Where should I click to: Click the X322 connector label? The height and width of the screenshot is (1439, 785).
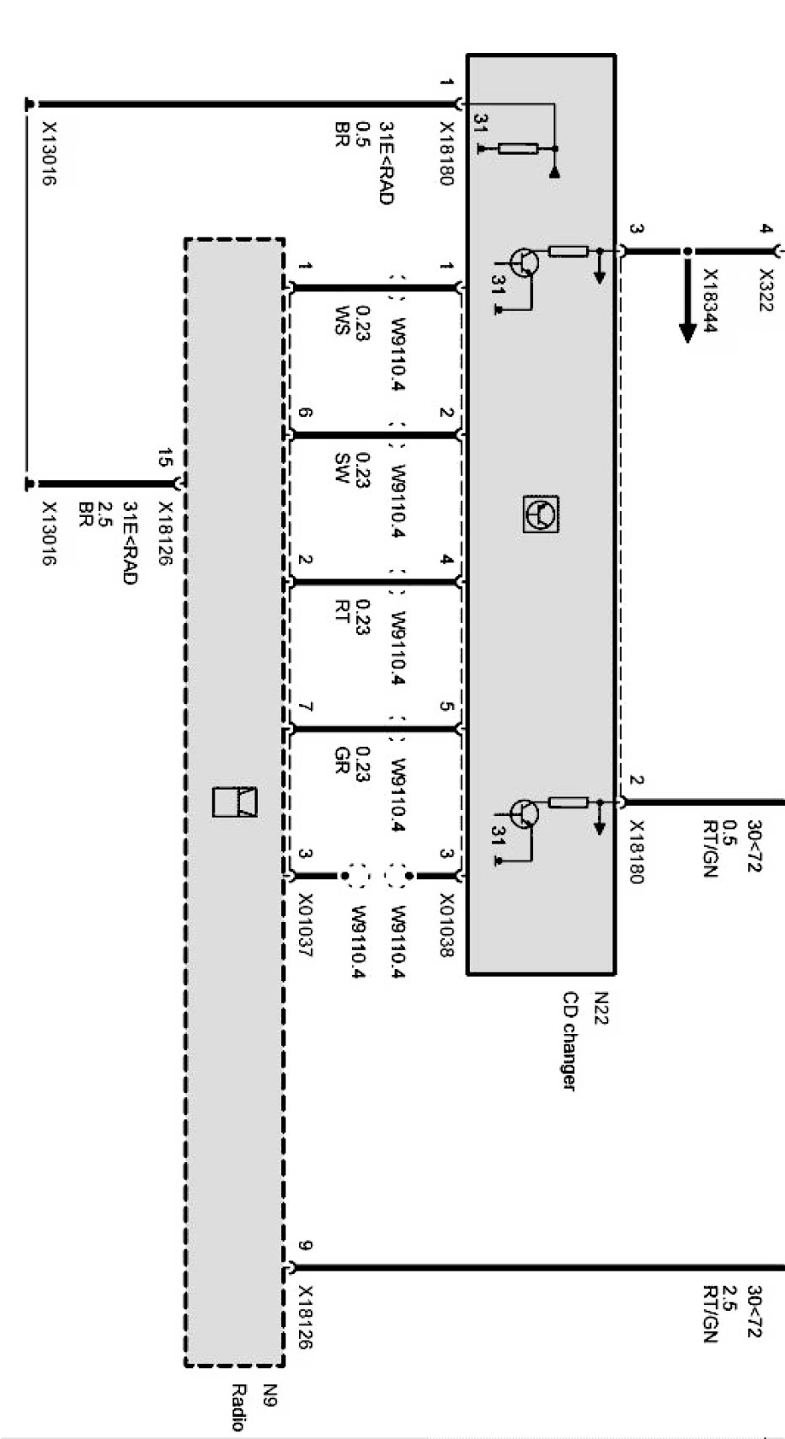coord(765,290)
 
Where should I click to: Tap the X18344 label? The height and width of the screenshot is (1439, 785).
coord(710,301)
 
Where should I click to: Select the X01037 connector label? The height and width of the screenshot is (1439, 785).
coord(305,925)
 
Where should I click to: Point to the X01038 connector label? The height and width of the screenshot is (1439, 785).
coord(446,925)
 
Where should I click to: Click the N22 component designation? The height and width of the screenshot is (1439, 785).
coord(601,1008)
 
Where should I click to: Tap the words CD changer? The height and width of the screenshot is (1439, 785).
coord(570,1041)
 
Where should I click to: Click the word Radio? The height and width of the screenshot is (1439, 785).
coord(238,1407)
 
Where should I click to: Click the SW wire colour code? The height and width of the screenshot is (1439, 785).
coord(341,468)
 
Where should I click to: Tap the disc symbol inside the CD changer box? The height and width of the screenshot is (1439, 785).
coord(541,513)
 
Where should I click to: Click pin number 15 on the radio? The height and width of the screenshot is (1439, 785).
coord(165,459)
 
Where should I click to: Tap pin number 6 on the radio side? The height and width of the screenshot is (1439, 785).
coord(305,413)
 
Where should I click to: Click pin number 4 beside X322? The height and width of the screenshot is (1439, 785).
coord(765,229)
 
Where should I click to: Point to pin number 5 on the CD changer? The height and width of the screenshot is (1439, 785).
coord(446,706)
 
